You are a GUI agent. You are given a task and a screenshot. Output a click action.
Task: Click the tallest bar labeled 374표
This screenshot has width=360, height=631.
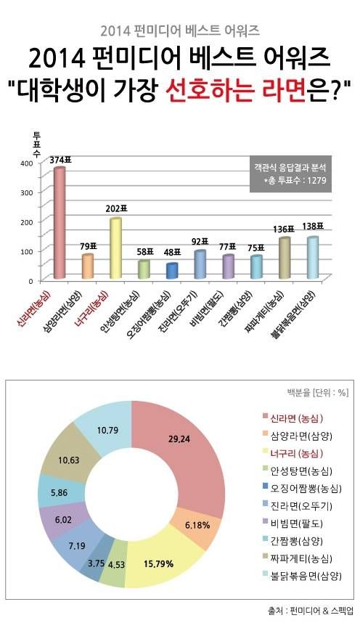point(60,223)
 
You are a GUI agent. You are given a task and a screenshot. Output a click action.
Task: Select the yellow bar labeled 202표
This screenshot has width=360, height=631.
point(115,248)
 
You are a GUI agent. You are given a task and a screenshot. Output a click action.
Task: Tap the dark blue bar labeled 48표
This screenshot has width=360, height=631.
point(171,270)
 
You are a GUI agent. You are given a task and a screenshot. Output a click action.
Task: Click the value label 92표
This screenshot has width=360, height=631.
point(200,241)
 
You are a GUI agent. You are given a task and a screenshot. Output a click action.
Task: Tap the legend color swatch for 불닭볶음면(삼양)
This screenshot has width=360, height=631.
point(265,577)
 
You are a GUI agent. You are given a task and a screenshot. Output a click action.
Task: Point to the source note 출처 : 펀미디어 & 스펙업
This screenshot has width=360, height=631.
point(310,611)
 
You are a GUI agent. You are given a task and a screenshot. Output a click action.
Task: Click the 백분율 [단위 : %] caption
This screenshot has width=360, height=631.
point(318,394)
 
